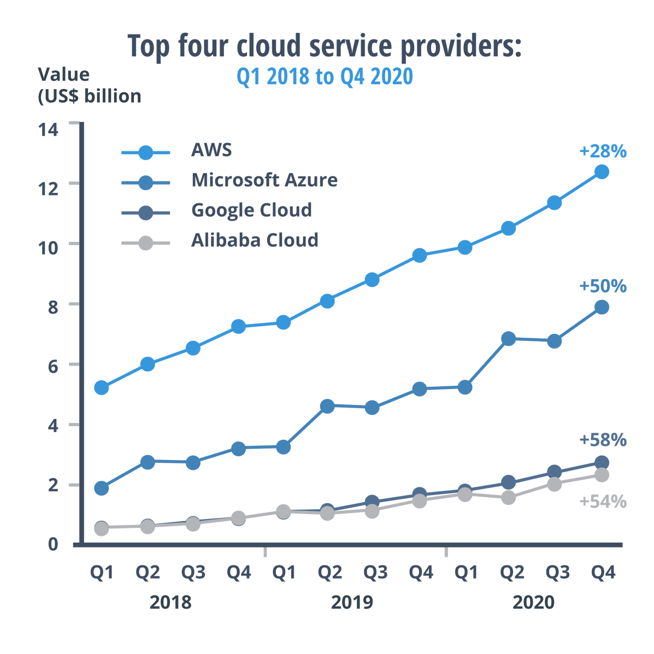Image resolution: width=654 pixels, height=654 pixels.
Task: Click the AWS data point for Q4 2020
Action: pyautogui.click(x=602, y=172)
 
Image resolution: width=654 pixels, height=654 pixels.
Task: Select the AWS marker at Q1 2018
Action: pyautogui.click(x=101, y=387)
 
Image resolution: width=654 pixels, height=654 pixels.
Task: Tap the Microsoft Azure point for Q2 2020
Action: pyautogui.click(x=508, y=339)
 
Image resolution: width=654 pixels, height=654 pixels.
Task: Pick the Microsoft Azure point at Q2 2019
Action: pyautogui.click(x=327, y=406)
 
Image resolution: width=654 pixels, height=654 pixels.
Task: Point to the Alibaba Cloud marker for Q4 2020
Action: pyautogui.click(x=602, y=475)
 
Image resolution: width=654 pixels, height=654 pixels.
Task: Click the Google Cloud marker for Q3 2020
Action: pyautogui.click(x=554, y=472)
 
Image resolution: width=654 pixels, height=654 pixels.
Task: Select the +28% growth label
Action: pyautogui.click(x=603, y=151)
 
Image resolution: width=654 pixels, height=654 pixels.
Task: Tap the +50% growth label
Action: pyautogui.click(x=603, y=286)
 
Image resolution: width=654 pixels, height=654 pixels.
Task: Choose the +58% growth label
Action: pyautogui.click(x=603, y=440)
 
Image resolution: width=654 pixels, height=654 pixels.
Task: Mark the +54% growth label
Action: pyautogui.click(x=603, y=502)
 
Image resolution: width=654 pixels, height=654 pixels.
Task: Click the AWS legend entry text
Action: pyautogui.click(x=211, y=150)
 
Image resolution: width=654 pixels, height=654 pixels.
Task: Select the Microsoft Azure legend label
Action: pyautogui.click(x=264, y=180)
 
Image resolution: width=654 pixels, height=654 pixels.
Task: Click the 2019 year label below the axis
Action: pyautogui.click(x=352, y=603)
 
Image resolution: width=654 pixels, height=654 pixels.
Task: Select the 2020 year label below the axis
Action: pyautogui.click(x=533, y=603)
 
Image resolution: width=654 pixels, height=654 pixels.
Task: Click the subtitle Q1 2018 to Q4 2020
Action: pyautogui.click(x=325, y=77)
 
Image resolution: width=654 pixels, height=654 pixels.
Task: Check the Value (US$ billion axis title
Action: pyautogui.click(x=89, y=85)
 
